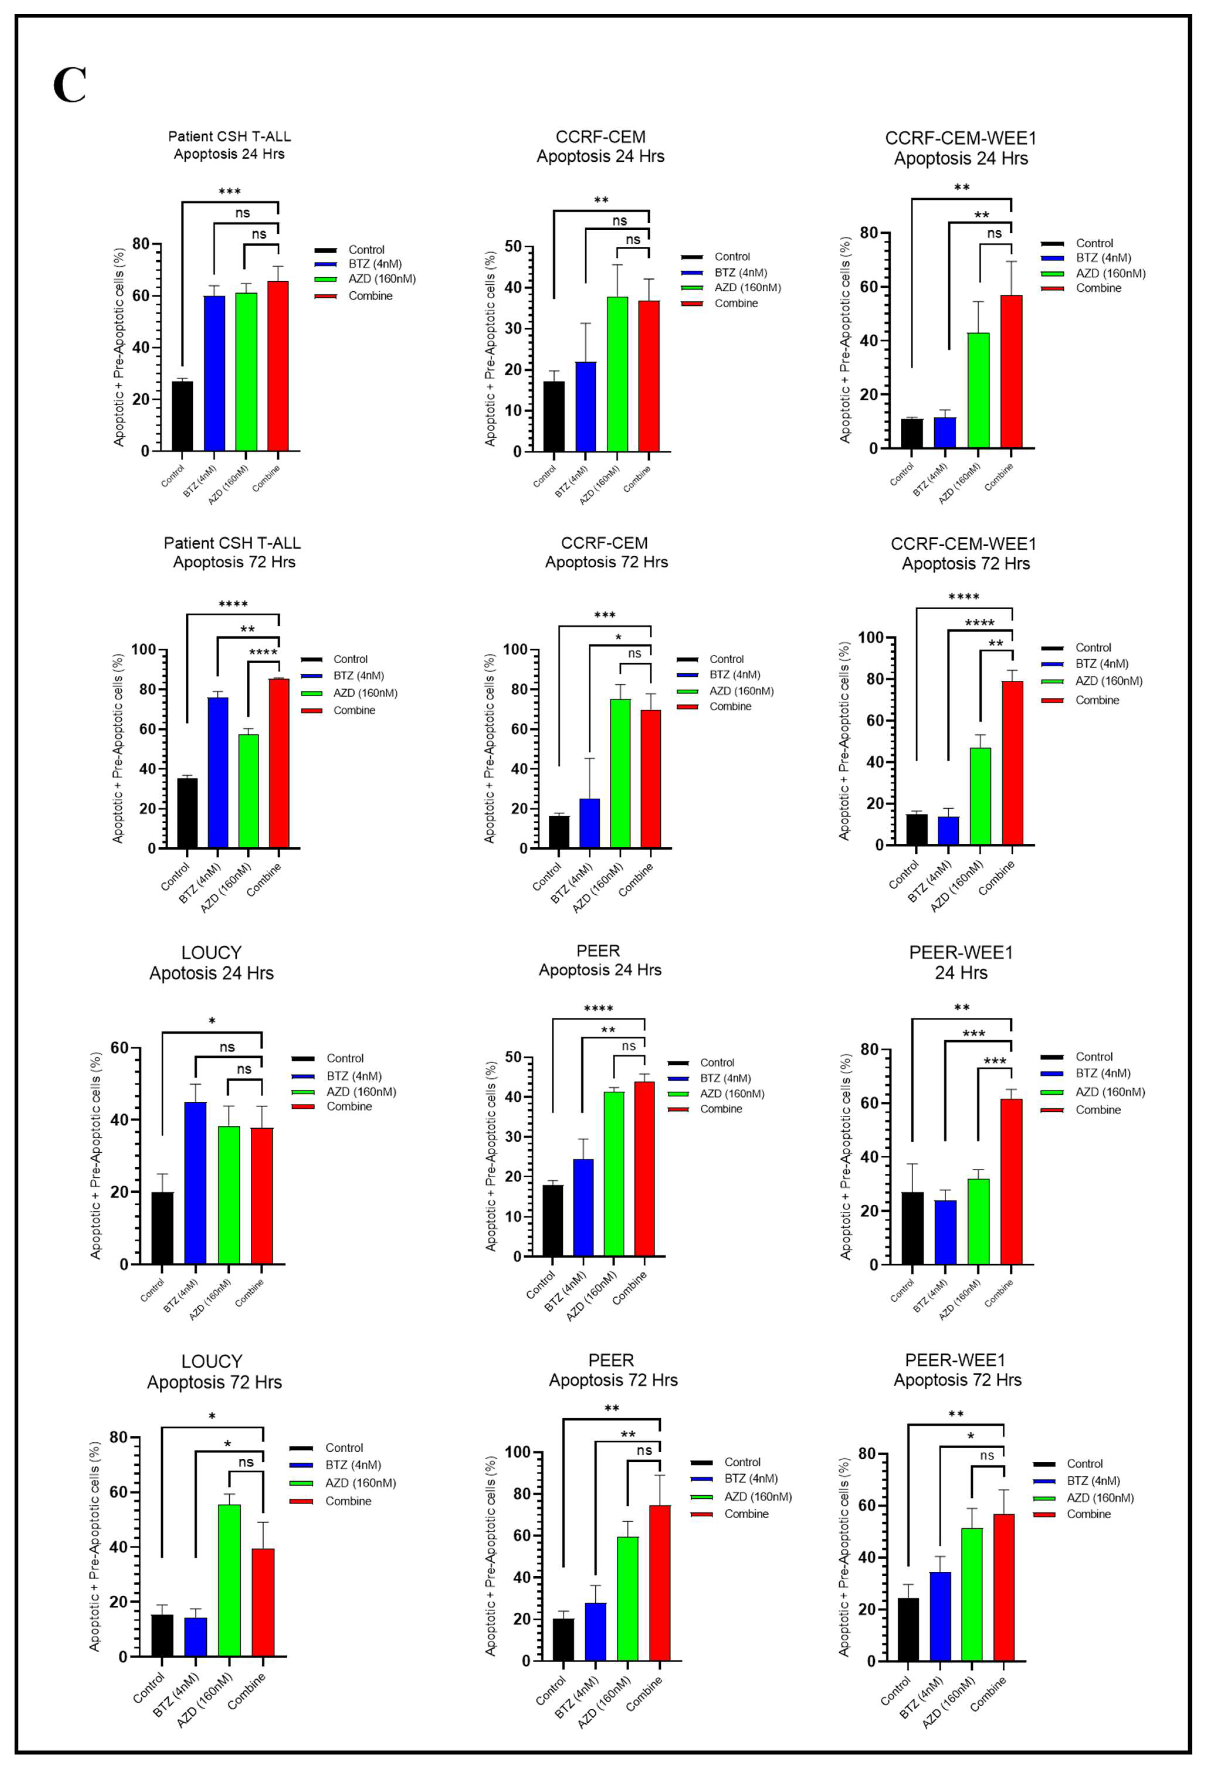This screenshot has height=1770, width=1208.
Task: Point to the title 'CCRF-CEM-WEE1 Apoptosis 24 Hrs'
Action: (960, 148)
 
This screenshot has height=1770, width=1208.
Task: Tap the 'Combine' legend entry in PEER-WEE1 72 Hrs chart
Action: (1089, 1514)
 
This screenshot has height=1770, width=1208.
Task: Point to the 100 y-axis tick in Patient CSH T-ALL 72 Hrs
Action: (143, 650)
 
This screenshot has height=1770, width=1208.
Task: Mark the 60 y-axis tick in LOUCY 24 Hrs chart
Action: (119, 1048)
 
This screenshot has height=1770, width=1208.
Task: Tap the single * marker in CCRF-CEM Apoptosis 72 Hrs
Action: (618, 638)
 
